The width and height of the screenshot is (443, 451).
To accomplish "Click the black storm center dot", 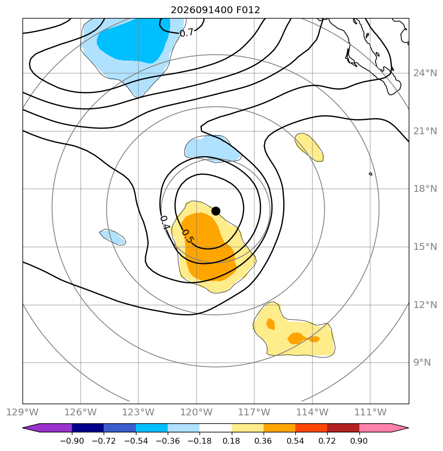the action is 216,211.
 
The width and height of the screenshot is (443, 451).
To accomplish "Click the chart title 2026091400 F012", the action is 215,10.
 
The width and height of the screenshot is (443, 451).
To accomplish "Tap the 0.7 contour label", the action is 186,33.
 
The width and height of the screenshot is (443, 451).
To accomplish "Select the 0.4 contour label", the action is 165,223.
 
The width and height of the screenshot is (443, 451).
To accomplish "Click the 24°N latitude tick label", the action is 425,73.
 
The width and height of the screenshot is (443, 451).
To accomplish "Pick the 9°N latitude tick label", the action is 422,362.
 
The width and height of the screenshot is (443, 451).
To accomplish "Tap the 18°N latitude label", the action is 425,189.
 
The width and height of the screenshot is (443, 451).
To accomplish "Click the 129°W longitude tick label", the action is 22,412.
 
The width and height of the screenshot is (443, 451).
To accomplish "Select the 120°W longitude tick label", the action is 197,412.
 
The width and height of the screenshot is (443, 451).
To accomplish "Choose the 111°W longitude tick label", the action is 370,412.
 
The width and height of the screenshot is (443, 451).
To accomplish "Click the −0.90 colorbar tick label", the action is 72,441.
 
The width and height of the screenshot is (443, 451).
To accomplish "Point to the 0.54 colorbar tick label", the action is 295,441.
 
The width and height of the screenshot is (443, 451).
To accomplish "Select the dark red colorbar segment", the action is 343,428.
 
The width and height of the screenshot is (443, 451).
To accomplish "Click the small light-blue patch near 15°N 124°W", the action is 112,237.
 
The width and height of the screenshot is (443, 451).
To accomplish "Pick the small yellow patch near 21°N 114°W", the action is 309,147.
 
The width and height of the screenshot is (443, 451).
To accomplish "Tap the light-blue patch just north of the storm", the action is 212,149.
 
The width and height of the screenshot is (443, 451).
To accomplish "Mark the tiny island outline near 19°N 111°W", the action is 370,174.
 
